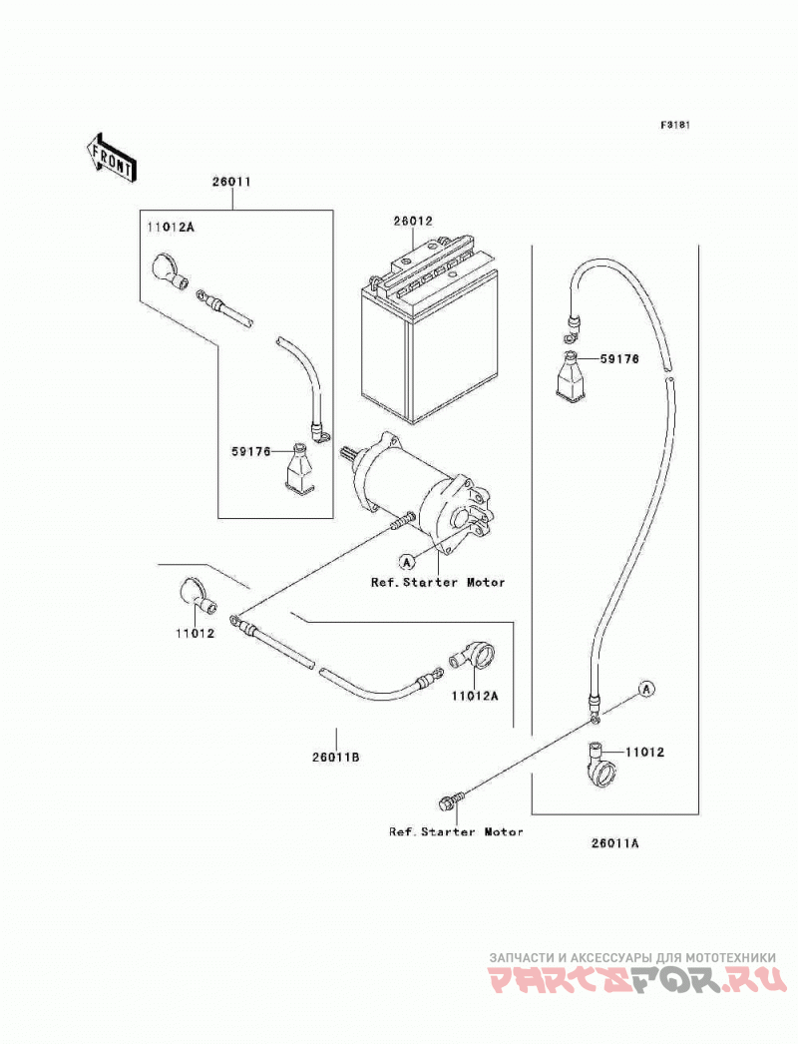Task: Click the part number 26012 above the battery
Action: point(413,221)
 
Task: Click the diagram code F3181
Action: point(675,125)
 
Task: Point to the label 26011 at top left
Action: point(232,181)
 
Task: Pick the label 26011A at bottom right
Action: point(614,843)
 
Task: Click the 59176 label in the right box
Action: point(619,359)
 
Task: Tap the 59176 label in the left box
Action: point(251,452)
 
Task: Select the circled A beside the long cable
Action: point(645,690)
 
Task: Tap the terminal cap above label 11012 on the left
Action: point(199,597)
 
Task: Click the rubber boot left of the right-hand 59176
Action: point(571,377)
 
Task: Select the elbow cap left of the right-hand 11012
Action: point(602,765)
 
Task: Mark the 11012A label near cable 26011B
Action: point(474,696)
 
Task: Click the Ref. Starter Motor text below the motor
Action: point(438,583)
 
